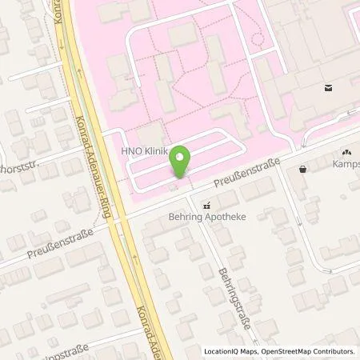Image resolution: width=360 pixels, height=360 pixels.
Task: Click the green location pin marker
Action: (181, 162)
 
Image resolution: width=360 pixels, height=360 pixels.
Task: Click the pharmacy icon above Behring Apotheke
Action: (206, 204)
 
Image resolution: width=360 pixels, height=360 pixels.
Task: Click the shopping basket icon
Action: (302, 169)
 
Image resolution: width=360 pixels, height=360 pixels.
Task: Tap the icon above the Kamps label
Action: (347, 151)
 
